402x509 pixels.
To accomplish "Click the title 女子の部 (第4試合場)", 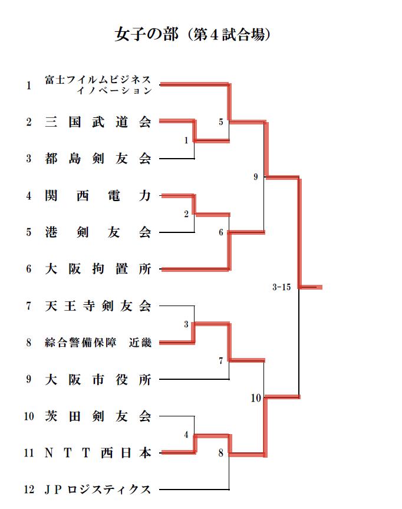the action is [192, 34].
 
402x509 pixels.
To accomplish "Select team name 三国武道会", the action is [98, 122].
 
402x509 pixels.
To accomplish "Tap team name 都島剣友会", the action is [98, 159].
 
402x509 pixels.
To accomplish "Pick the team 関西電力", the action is [98, 196].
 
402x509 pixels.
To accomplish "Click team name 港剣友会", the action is [98, 232].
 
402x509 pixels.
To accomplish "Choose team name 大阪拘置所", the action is [98, 269].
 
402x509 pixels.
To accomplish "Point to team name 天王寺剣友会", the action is [98, 306].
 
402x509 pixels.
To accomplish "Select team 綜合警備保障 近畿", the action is [98, 343].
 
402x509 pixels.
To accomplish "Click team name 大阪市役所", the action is [98, 379].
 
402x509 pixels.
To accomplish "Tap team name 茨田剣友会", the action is [98, 416].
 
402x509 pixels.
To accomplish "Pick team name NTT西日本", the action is [98, 452].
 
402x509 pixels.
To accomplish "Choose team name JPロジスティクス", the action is [98, 489].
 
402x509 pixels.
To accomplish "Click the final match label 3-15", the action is [282, 287].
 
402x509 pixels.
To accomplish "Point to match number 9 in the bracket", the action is [256, 176].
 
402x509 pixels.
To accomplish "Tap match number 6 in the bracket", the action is [220, 232].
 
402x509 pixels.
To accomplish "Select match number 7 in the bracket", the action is [220, 360].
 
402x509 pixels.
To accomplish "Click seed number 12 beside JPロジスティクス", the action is [29, 489].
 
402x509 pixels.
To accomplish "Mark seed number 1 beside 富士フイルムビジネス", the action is [29, 86].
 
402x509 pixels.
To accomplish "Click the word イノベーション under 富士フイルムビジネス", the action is [114, 91].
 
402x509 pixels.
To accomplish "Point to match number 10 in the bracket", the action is [256, 398].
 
